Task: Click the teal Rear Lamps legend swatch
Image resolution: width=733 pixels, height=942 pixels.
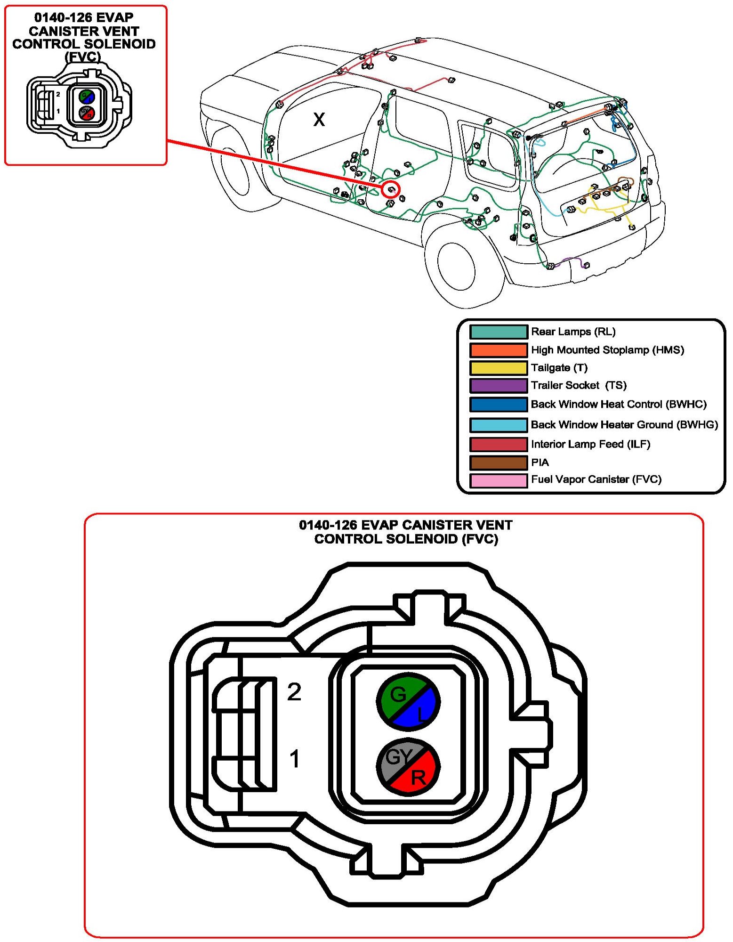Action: (x=498, y=332)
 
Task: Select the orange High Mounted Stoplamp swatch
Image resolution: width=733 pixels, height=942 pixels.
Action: (x=498, y=350)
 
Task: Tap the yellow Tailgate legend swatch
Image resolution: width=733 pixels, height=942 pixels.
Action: (x=498, y=368)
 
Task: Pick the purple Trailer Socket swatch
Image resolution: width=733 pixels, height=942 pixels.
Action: (x=498, y=386)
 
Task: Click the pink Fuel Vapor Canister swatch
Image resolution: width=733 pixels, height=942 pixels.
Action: (x=498, y=480)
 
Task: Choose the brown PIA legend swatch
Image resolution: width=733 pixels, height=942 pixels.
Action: (x=498, y=463)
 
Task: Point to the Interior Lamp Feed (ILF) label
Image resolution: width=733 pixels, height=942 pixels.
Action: (x=590, y=444)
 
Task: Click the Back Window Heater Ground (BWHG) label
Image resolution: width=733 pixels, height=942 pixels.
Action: (x=624, y=425)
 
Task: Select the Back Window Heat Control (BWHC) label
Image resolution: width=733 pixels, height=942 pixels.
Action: (x=619, y=404)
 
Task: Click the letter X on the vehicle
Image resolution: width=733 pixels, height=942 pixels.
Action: (x=319, y=120)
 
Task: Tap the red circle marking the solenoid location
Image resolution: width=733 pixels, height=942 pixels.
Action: (x=391, y=189)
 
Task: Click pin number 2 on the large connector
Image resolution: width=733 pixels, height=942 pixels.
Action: (x=294, y=692)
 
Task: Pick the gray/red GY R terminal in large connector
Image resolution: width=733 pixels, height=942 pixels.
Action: (x=408, y=767)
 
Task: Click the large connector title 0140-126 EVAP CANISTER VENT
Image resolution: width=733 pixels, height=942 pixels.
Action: (x=405, y=525)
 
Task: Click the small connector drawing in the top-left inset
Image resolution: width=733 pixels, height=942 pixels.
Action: (x=79, y=106)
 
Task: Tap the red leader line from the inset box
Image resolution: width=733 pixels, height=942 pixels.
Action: (x=273, y=163)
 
